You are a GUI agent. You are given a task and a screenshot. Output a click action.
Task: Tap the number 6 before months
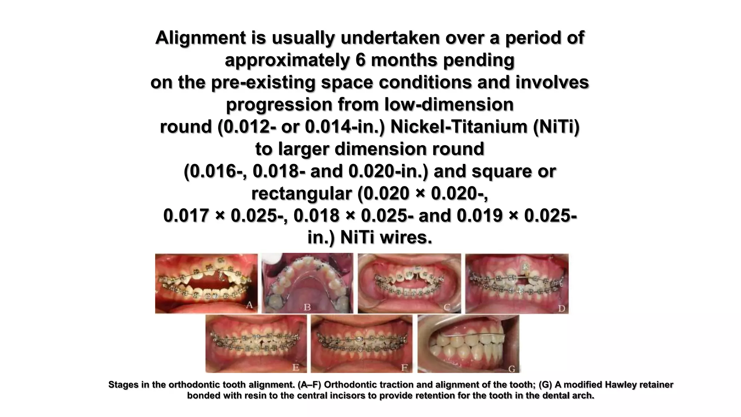pos(361,60)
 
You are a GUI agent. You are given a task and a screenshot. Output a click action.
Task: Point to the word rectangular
pos(301,194)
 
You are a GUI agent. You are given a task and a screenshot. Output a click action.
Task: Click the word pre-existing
pos(263,83)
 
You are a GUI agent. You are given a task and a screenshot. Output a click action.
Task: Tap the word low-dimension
pos(449,105)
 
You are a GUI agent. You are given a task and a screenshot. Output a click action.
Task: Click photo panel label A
pos(249,306)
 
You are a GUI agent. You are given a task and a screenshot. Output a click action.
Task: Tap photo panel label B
pos(307,308)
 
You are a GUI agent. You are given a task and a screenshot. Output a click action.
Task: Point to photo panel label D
pos(561,308)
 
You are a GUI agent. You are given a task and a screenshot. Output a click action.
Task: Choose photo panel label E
pos(296,367)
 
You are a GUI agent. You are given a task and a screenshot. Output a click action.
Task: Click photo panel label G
pos(512,368)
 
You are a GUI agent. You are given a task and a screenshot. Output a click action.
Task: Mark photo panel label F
pos(405,368)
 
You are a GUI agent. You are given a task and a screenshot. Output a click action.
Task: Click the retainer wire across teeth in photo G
pos(470,334)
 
